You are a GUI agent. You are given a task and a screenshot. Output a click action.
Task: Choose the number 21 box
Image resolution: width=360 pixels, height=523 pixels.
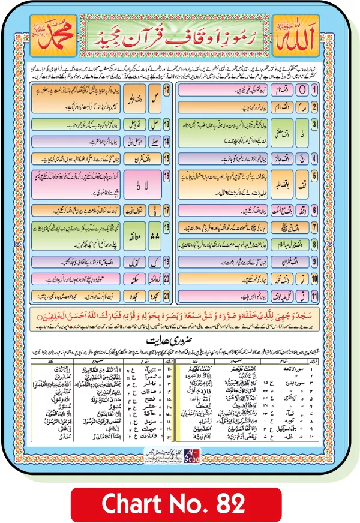(167, 295)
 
